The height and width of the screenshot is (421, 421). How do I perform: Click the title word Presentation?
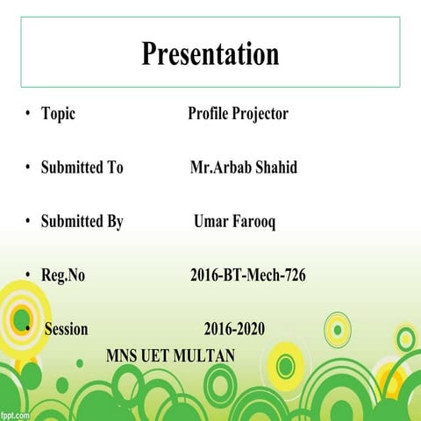click(210, 54)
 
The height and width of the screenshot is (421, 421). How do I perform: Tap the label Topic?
click(58, 114)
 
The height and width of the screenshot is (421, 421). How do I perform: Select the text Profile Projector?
click(238, 114)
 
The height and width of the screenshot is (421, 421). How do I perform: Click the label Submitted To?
click(82, 168)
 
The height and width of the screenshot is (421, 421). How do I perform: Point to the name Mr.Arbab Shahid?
click(243, 168)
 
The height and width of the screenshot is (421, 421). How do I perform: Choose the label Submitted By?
click(82, 222)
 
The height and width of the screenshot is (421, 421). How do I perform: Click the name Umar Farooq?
click(234, 222)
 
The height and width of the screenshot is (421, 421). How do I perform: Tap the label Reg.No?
click(63, 275)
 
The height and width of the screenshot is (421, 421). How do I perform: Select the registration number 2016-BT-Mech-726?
click(247, 275)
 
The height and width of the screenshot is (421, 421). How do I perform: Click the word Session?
click(66, 330)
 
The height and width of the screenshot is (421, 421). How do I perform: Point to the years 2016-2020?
click(234, 330)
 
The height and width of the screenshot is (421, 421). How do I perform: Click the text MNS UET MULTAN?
click(171, 356)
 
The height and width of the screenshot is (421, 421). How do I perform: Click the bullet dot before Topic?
click(28, 114)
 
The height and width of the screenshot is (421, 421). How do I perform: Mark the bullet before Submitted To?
click(28, 168)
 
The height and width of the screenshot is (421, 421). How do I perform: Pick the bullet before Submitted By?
click(28, 222)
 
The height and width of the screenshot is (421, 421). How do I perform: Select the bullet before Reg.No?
click(28, 275)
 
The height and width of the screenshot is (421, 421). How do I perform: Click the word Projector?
click(261, 114)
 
